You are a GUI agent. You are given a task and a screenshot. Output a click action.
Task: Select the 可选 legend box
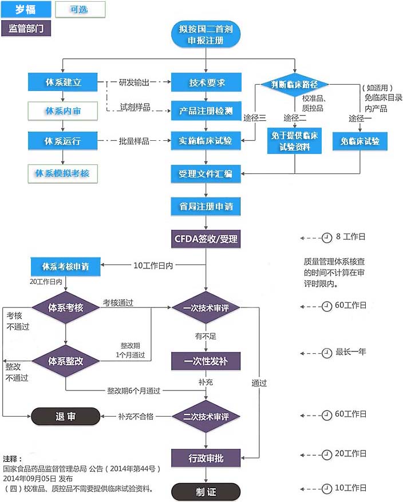80,9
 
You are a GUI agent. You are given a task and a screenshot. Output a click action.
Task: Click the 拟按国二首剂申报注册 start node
206,34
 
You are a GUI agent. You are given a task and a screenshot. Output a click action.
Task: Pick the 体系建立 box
63,82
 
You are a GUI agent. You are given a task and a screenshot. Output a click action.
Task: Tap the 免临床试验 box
360,141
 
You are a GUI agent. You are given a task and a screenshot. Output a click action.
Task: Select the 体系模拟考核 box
63,173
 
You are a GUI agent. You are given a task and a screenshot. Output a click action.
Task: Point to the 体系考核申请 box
65,266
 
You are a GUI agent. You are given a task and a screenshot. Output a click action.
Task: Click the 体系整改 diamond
65,361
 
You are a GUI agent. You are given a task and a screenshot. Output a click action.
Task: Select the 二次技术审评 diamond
206,417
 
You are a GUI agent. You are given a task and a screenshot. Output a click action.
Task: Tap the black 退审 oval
65,417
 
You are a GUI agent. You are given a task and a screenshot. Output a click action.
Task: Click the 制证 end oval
206,491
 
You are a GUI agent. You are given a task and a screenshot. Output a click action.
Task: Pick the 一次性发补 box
206,361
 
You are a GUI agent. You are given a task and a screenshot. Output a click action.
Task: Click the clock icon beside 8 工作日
327,236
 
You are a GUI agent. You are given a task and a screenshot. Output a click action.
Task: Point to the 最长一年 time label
350,352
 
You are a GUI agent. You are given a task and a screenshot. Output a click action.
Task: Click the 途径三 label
255,118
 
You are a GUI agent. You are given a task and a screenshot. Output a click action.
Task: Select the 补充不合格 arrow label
136,416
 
